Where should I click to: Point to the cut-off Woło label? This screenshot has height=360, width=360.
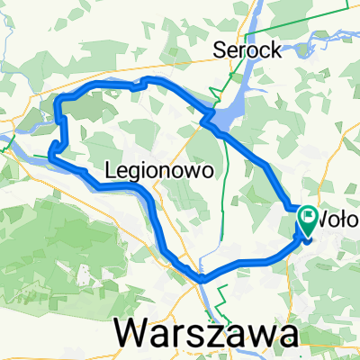tap(339, 218)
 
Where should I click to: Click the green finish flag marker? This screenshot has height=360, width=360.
tap(309, 219)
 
